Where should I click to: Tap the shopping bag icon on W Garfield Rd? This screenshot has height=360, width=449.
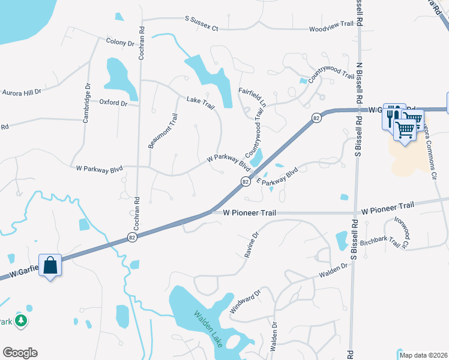click(50, 265)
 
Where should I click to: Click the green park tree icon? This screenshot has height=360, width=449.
click(21, 321)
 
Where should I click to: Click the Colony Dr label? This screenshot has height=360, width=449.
click(120, 43)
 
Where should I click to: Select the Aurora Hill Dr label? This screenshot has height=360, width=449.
click(22, 92)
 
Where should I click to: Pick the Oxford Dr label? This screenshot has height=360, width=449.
click(114, 103)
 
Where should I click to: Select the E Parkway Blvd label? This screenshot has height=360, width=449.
click(277, 176)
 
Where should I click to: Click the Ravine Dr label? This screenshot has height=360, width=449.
click(251, 245)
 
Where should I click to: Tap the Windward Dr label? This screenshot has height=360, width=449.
click(245, 302)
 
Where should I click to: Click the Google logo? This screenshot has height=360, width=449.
click(20, 353)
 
